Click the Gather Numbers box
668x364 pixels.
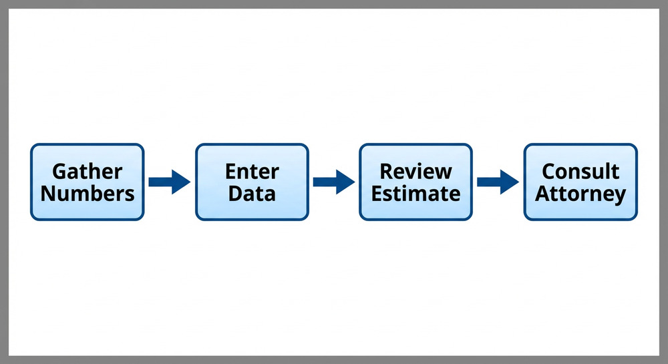click(88, 182)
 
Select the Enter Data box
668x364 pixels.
click(252, 182)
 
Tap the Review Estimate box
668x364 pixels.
click(415, 182)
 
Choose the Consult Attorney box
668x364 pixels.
click(580, 182)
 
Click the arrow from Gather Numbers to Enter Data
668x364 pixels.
click(169, 182)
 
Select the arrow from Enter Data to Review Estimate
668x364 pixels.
click(333, 182)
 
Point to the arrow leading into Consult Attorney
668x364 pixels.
click(498, 182)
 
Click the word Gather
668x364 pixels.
click(88, 172)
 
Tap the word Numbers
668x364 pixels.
click(88, 194)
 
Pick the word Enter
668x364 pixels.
click(252, 172)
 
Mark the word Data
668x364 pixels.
click(252, 194)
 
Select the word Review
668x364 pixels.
click(415, 172)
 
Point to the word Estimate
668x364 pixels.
click(415, 194)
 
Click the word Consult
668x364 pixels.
click(580, 172)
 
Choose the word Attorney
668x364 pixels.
click(580, 194)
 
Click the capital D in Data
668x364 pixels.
click(235, 194)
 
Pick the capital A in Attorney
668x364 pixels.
click(543, 194)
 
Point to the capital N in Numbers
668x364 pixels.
click(48, 194)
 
